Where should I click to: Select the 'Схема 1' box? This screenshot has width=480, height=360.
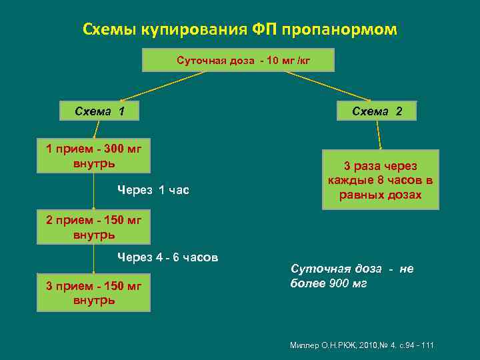pyautogui.click(x=100, y=111)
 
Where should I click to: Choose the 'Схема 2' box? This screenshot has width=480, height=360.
pyautogui.click(x=377, y=111)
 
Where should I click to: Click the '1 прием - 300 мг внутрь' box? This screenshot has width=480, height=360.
pyautogui.click(x=93, y=155)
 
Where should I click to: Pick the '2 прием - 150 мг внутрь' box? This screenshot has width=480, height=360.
pyautogui.click(x=93, y=227)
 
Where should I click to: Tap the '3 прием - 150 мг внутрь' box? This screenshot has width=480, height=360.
pyautogui.click(x=93, y=293)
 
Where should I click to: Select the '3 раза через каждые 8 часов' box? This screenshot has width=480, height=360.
pyautogui.click(x=380, y=180)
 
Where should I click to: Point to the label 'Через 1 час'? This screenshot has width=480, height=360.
pyautogui.click(x=153, y=191)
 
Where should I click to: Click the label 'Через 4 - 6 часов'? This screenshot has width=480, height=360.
pyautogui.click(x=168, y=257)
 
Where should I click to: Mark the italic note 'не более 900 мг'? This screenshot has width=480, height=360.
pyautogui.click(x=352, y=276)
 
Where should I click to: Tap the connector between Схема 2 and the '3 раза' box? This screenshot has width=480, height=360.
pyautogui.click(x=379, y=133)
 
